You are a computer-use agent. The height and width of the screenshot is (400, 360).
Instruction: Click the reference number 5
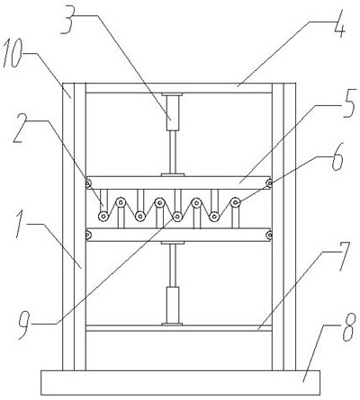point(348,103)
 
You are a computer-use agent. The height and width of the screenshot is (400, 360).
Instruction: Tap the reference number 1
point(21,224)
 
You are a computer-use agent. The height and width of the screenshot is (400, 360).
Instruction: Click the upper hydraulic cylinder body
point(173,112)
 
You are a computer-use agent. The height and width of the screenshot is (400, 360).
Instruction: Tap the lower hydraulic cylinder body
point(173,305)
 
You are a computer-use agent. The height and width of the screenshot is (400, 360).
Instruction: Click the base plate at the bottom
point(180,383)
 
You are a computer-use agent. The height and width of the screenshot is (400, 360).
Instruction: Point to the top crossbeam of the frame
point(179,88)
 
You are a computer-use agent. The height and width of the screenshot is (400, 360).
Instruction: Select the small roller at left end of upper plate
point(88,182)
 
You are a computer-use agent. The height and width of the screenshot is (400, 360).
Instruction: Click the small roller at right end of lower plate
point(269,235)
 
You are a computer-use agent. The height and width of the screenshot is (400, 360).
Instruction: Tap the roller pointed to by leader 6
point(236,202)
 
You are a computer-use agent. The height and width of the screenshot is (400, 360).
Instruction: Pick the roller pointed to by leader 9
point(178,216)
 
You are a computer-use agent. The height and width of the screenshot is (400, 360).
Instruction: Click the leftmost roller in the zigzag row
point(103,216)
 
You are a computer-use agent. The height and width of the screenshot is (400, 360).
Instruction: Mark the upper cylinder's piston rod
point(173,152)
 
